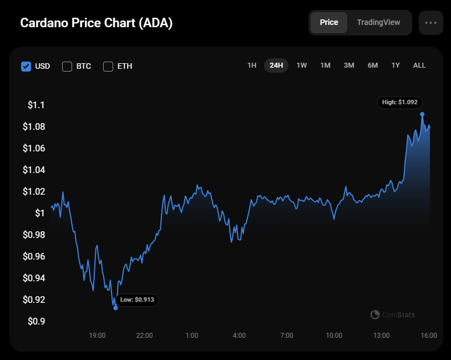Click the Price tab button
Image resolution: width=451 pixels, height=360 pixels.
(x=329, y=23)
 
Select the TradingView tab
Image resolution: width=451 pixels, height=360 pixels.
(x=378, y=23)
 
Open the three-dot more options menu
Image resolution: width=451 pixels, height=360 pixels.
(x=430, y=23)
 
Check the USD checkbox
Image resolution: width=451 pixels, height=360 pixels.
(x=26, y=67)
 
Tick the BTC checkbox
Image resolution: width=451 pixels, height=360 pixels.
(x=67, y=67)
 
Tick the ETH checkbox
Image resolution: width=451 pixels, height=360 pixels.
(x=108, y=67)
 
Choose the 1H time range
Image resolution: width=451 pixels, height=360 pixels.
(x=252, y=65)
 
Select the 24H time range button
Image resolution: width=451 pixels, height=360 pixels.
(x=276, y=65)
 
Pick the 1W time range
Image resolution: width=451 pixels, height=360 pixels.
(x=302, y=65)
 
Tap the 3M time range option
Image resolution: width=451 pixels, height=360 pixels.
(x=349, y=65)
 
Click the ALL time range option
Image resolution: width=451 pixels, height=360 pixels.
(x=419, y=65)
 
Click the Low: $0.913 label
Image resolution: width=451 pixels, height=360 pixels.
(x=137, y=300)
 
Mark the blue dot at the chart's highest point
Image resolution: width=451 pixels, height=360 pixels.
(x=422, y=114)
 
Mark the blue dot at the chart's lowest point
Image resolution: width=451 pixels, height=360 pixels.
(x=115, y=307)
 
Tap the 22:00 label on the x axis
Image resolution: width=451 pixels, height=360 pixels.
(x=145, y=336)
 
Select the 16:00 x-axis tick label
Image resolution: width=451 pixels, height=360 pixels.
(x=429, y=336)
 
